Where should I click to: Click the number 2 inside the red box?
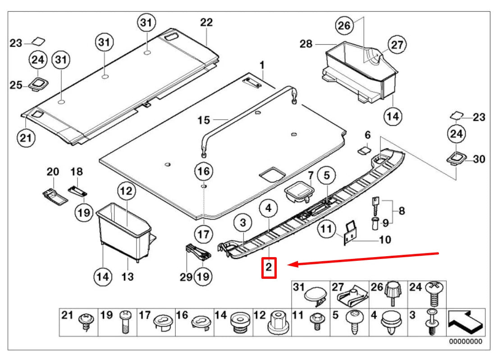point(269,268)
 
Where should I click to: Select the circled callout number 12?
point(127,192)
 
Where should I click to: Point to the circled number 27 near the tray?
point(397,45)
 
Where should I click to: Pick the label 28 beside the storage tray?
point(306,44)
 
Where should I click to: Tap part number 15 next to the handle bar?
point(204,120)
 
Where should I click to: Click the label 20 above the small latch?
point(53,172)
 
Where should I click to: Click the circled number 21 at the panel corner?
point(26,138)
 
